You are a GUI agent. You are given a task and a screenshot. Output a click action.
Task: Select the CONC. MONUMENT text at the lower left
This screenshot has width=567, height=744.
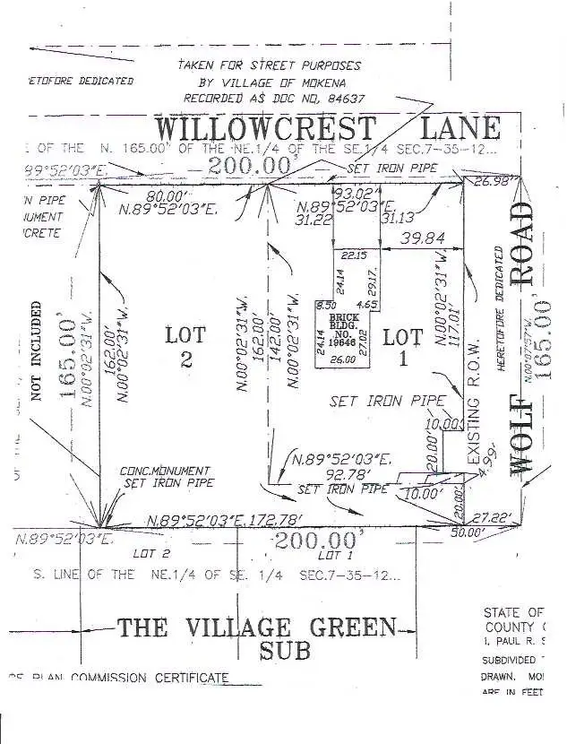[165, 471]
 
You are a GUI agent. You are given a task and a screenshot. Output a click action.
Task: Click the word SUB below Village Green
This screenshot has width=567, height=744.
[284, 652]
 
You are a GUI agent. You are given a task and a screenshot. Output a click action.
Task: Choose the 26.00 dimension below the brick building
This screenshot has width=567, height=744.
[340, 360]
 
